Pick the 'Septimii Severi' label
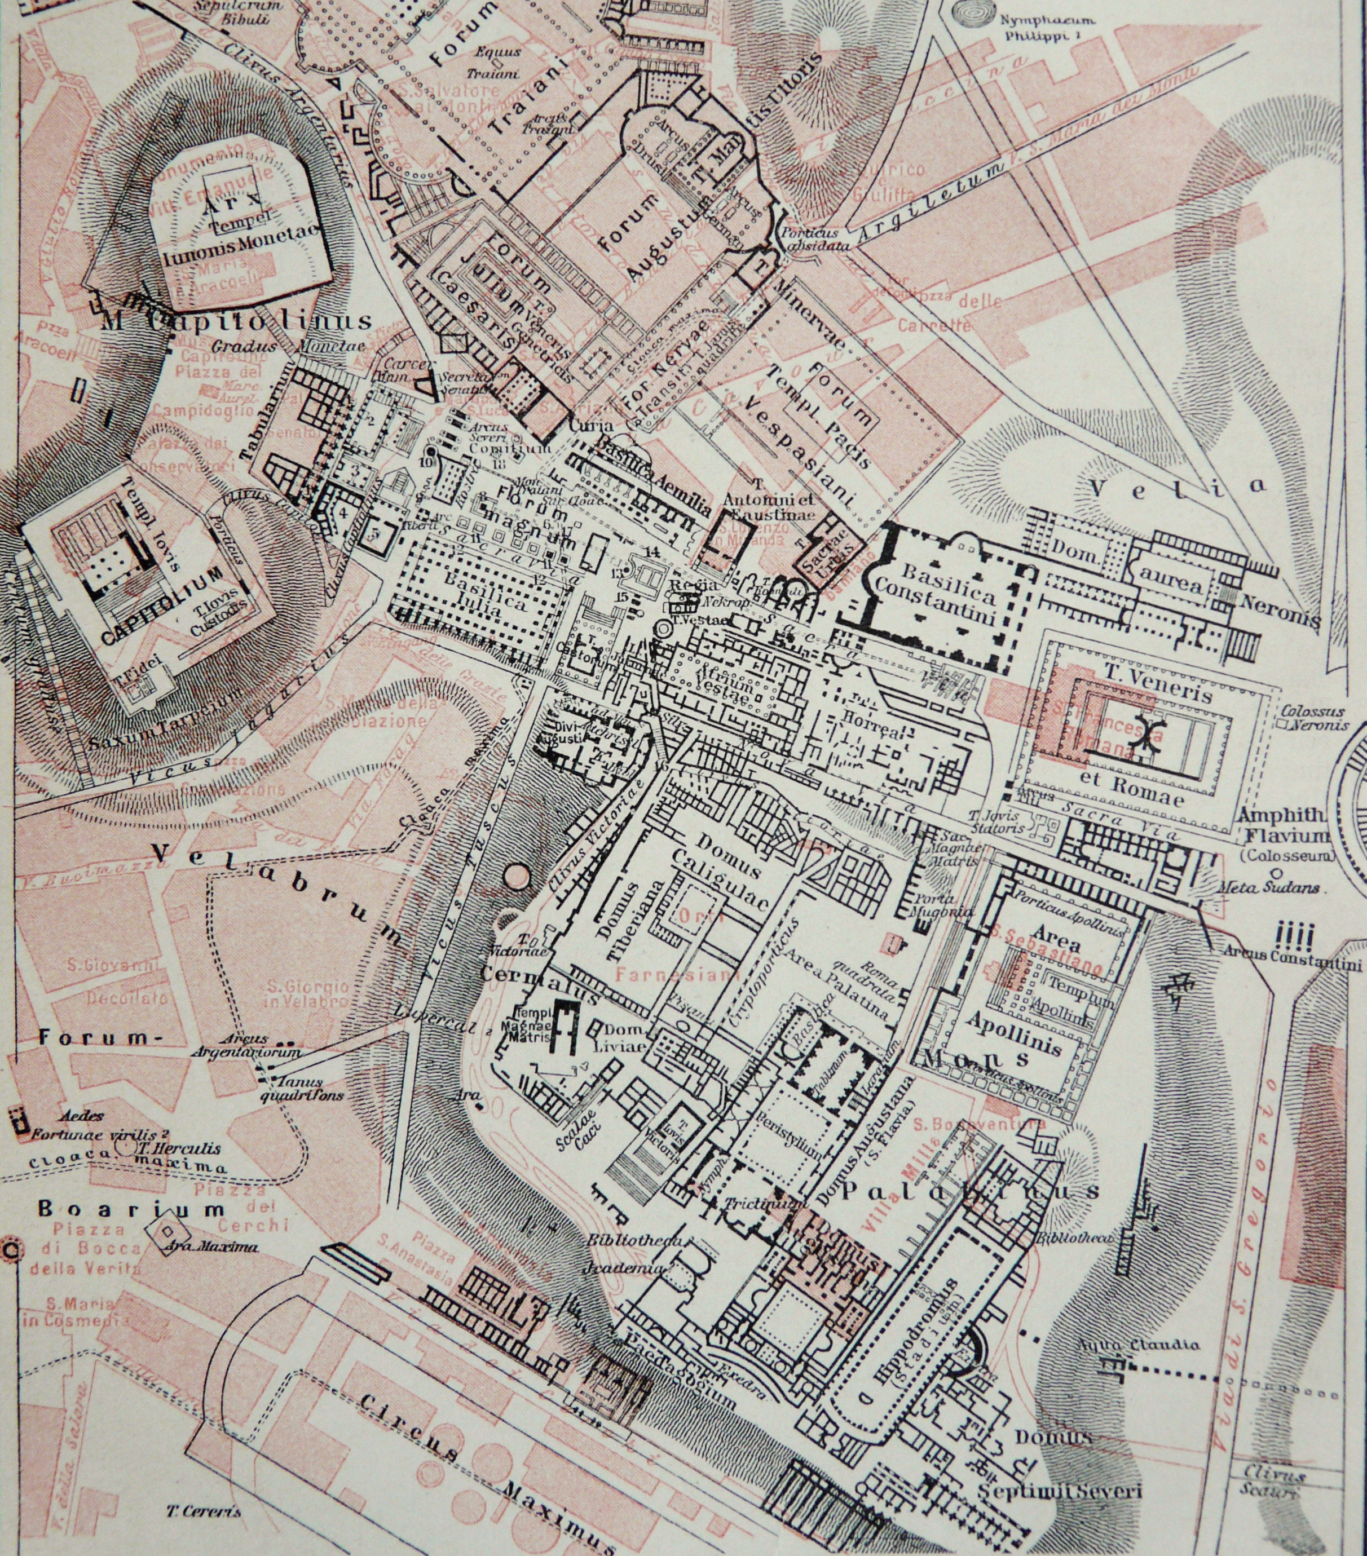(1059, 1490)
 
